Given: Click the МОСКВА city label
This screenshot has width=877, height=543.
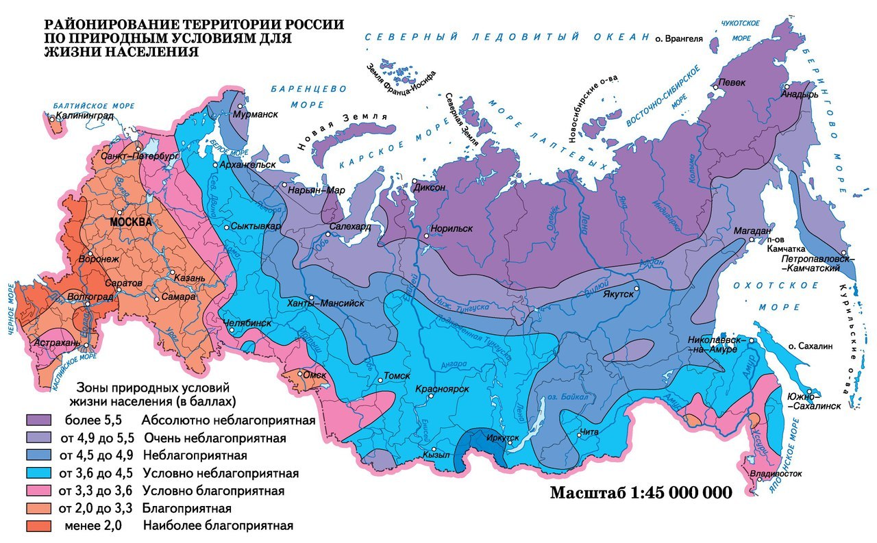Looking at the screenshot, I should pos(129,223).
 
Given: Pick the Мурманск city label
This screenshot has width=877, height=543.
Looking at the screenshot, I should pos(256,114).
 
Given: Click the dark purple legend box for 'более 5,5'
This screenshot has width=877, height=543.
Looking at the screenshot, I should pos(40,419).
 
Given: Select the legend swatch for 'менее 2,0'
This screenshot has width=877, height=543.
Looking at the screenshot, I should pos(40,526).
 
